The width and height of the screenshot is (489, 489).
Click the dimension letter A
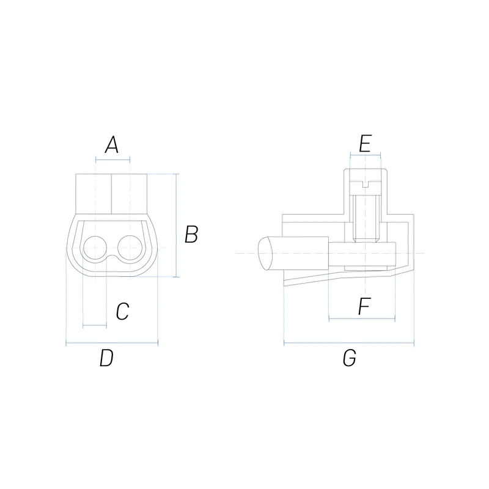tap(112, 145)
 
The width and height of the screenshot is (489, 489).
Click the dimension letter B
tap(191, 234)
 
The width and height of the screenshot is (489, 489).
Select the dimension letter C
tap(123, 311)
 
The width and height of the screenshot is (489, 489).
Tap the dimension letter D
tap(106, 358)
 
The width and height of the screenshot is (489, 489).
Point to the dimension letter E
tap(365, 144)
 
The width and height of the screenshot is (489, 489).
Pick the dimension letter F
tap(364, 306)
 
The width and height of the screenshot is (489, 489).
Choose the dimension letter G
tap(349, 358)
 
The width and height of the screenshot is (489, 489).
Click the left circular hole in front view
tap(95, 248)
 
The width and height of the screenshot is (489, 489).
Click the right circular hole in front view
tap(130, 248)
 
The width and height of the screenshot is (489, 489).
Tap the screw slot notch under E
tap(366, 184)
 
